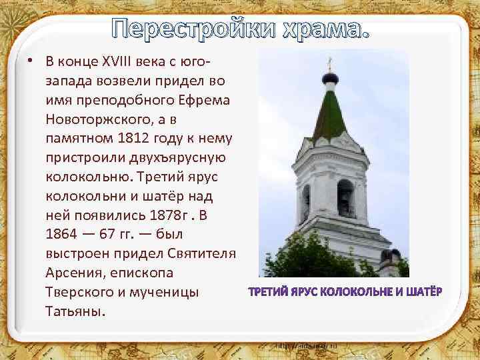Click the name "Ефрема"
pos(206,101)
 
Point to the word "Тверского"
pos(81,292)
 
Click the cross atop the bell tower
pos(329,64)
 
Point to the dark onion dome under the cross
pos(329,82)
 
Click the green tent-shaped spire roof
pos(329,113)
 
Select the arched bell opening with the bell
pos(345,197)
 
